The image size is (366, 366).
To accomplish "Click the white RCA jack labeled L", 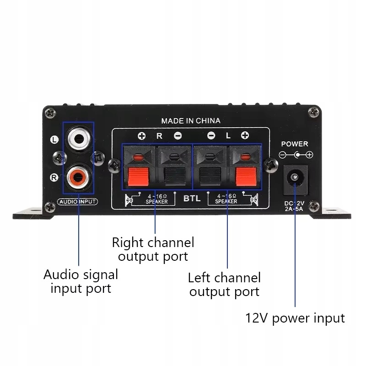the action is coord(79,139).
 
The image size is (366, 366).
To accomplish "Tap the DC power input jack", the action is coord(295,180).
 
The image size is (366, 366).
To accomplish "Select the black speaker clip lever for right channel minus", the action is coord(175,177).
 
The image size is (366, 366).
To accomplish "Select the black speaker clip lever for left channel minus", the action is coord(210,177).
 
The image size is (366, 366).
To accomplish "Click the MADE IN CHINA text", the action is coord(191,121).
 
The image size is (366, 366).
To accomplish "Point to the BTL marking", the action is coord(192,198).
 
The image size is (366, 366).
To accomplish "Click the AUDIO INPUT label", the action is coord(77,202).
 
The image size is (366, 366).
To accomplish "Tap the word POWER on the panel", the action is coord(295,144).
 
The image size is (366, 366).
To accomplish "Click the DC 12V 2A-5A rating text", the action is coord(294,206).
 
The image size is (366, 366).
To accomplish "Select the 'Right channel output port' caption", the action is coord(153,249).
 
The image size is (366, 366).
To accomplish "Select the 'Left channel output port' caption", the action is coord(224,285).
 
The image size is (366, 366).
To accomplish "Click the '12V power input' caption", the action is coord(295,318).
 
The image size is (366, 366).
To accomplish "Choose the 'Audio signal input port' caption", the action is coord(81,281).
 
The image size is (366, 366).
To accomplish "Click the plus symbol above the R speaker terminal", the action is coord(142,136).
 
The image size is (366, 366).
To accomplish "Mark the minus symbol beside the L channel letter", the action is coord(211,135).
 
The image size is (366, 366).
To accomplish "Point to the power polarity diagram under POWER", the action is coord(296,155).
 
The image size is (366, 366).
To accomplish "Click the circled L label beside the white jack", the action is coord(54,140).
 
